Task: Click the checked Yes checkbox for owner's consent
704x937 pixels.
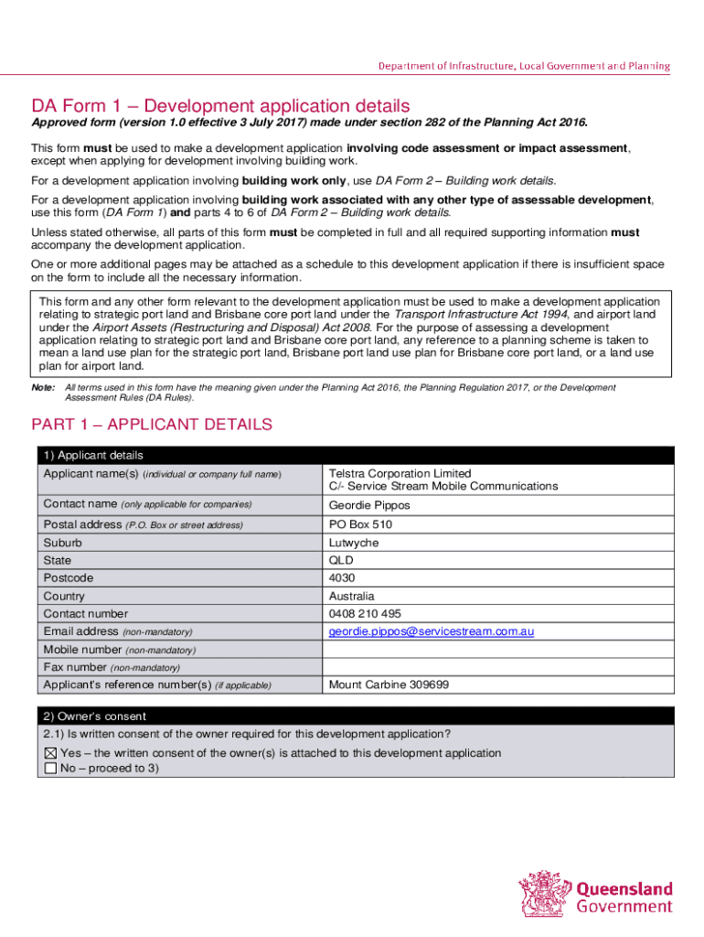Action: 50,753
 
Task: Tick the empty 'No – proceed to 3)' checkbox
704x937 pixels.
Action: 50,769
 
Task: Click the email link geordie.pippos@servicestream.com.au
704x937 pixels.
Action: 431,631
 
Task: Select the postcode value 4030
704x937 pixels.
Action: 342,578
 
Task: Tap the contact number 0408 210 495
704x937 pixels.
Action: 366,614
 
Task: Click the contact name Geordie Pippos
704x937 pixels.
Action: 369,505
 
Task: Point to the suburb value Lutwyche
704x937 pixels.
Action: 353,543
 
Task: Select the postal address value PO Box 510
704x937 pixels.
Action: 360,524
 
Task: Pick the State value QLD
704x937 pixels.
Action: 340,560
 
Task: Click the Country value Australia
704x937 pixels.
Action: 352,597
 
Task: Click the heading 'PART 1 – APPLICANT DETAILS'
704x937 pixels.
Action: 152,425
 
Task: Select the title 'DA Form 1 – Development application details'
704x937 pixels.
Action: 220,106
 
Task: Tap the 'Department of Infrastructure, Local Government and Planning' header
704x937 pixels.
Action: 525,66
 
